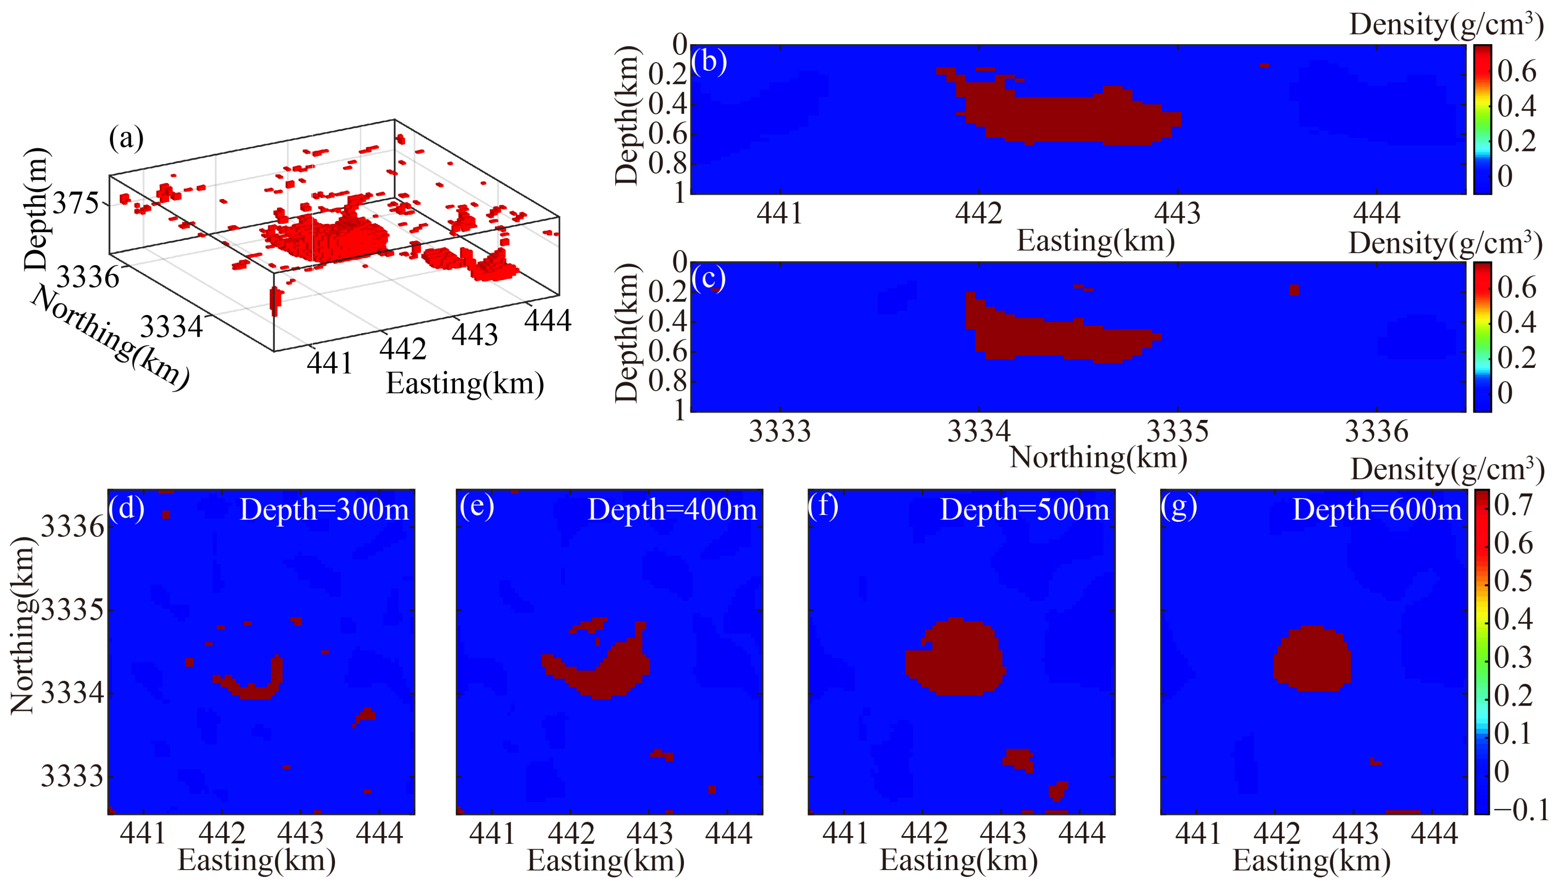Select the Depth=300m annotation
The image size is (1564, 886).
[x=324, y=510]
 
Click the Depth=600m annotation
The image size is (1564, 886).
[x=1377, y=510]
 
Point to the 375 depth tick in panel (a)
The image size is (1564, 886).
[x=75, y=204]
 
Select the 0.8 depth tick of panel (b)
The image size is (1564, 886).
[x=667, y=163]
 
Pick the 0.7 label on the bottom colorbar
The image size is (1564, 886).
[x=1513, y=505]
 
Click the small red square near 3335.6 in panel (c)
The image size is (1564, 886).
[x=1294, y=290]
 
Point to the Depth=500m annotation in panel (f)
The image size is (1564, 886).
[x=1024, y=510]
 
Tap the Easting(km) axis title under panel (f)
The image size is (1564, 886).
[x=959, y=861]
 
